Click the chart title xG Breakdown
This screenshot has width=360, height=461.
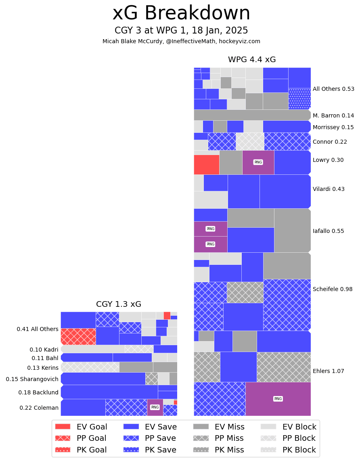[181, 13]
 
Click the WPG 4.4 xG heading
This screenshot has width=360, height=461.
[252, 60]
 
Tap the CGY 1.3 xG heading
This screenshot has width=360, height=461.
[119, 304]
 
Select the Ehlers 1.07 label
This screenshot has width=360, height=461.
[329, 371]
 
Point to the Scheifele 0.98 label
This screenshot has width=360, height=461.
[333, 289]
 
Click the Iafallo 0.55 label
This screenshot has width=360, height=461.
[329, 231]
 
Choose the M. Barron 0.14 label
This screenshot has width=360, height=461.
[333, 115]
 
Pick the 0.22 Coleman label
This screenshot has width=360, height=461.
[39, 408]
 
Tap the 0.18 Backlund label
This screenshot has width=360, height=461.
[38, 392]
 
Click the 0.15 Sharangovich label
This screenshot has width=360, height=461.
[32, 379]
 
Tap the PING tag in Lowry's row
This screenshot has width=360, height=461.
[258, 162]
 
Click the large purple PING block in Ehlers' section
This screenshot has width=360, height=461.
[278, 399]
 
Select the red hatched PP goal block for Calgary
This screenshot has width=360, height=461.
[78, 336]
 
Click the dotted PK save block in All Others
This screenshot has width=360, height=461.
[299, 99]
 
